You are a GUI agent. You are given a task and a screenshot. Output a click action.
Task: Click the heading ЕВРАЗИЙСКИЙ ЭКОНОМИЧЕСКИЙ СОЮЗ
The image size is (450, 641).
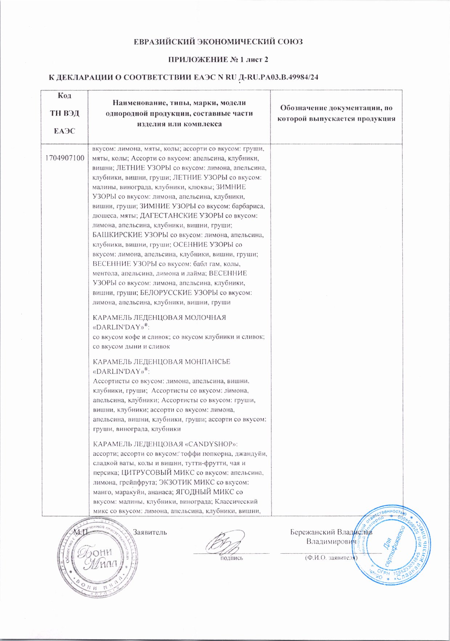pos(218,42)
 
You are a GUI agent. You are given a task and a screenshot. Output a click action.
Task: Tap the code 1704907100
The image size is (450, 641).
pos(65,158)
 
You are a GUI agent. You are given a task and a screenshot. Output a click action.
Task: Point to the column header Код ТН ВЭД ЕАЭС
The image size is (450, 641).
pos(65,113)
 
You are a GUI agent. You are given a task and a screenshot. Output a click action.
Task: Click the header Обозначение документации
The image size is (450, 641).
pos(336,113)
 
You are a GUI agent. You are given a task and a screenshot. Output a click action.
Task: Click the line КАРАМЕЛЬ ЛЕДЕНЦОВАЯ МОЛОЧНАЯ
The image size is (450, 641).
pos(159,318)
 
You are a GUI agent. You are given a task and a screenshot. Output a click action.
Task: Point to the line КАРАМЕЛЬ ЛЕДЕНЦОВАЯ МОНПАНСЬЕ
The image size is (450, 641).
pos(162,362)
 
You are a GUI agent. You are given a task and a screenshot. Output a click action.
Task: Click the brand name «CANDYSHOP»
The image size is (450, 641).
pos(211,444)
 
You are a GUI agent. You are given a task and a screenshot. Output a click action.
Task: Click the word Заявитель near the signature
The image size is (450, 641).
pos(150,532)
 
